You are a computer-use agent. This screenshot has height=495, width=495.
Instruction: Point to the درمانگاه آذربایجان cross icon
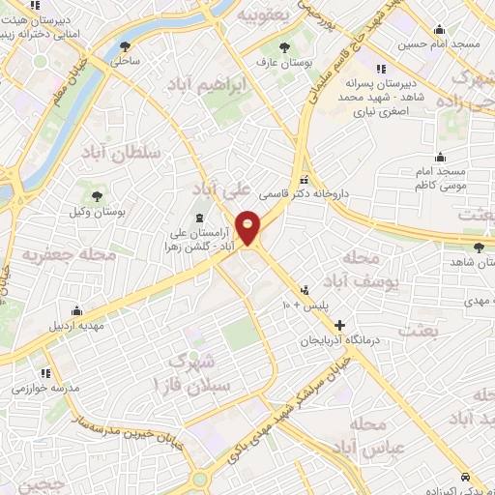pos(339,325)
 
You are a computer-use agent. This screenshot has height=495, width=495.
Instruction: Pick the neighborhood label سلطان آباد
pos(119,153)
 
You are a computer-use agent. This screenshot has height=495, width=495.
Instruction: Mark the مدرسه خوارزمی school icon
pos(44,373)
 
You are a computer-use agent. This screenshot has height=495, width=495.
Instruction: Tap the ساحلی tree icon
pos(125,46)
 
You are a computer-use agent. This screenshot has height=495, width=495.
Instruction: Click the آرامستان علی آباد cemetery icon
pos(199,218)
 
